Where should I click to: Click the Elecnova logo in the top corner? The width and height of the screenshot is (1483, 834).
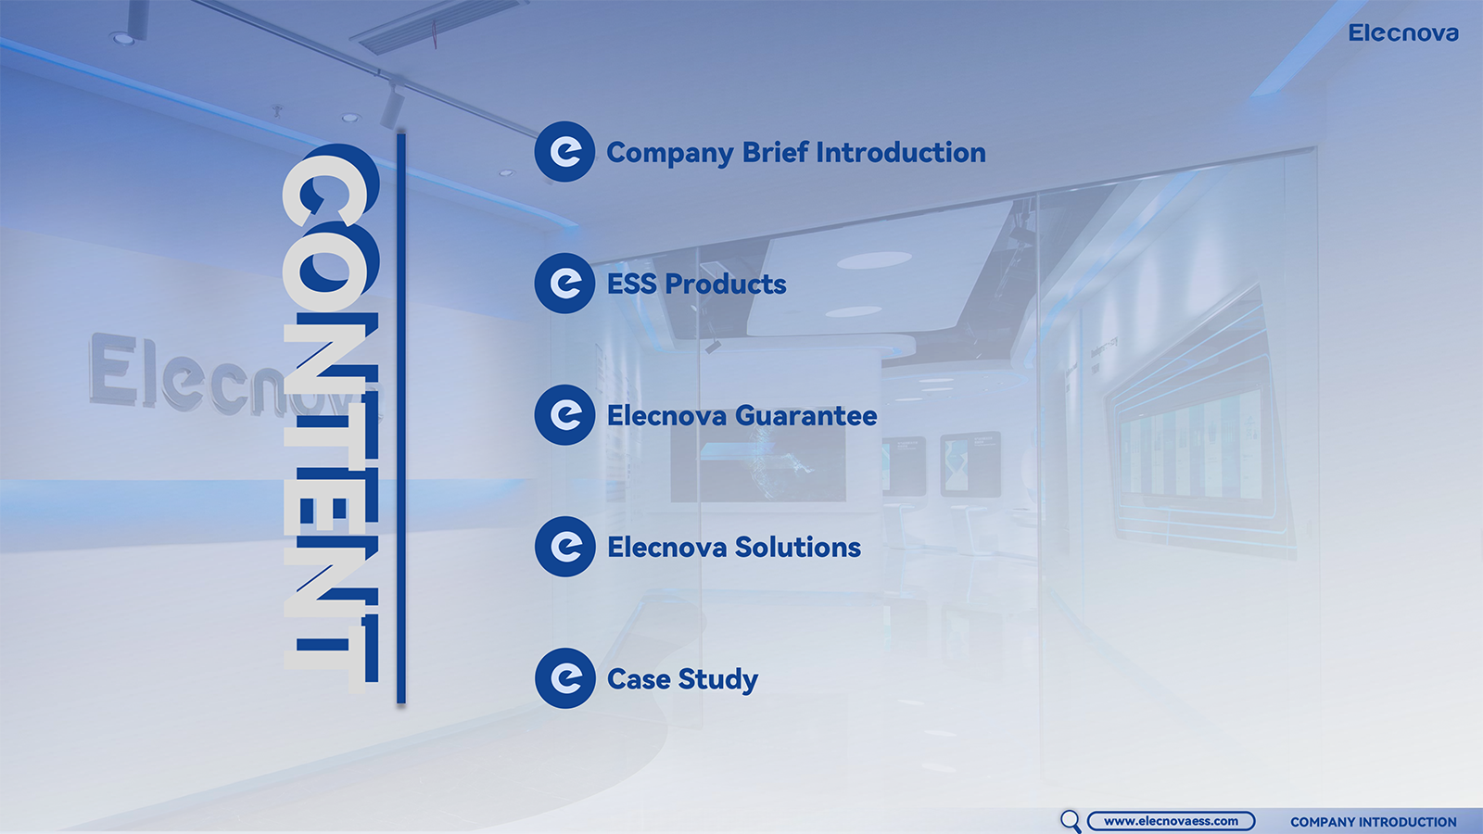[1403, 33]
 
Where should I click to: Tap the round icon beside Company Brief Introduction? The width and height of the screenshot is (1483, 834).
[564, 152]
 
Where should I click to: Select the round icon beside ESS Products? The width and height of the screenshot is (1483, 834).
[564, 284]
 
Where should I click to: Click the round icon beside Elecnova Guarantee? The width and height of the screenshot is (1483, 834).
[564, 415]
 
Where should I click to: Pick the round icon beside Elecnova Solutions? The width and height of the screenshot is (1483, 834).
[564, 547]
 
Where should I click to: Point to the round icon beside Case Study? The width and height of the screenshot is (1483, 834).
[564, 678]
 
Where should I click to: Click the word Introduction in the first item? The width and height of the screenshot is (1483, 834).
[901, 152]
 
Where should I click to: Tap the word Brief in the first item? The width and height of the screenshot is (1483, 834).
[775, 152]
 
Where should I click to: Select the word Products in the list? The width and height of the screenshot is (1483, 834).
[726, 284]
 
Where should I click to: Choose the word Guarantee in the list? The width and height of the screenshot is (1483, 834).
[805, 416]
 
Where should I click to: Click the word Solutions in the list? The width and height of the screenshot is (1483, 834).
[798, 548]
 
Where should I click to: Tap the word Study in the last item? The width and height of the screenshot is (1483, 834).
[718, 680]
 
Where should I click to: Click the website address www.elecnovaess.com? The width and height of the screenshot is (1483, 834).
[1171, 821]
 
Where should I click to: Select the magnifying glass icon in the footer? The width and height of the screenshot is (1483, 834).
[1070, 821]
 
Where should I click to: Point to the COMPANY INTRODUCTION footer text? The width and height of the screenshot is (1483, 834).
[1373, 822]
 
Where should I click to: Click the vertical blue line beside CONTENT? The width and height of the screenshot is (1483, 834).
[401, 418]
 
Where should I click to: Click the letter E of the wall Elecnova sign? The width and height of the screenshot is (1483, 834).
[114, 369]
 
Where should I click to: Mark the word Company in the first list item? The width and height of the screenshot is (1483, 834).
[670, 154]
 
